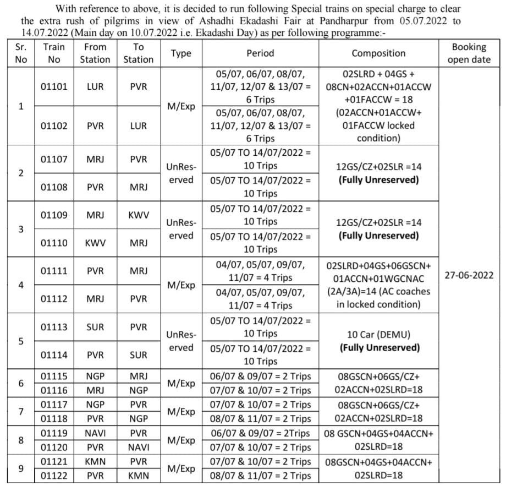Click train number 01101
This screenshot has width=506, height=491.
(54, 87)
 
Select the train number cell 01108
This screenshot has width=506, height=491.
(54, 187)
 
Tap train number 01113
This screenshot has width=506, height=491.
(54, 327)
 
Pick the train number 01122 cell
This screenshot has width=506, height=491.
(54, 476)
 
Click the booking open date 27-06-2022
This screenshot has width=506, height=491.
(469, 274)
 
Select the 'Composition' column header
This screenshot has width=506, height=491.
(378, 53)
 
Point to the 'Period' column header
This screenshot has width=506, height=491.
(260, 53)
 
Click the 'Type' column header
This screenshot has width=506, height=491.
(181, 53)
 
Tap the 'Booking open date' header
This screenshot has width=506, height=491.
(469, 53)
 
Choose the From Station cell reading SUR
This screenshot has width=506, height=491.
(95, 327)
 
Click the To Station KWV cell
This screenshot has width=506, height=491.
(139, 215)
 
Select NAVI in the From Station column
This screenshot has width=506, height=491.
(95, 433)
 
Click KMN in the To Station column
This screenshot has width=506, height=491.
(139, 476)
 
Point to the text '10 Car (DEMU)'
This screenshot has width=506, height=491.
(378, 334)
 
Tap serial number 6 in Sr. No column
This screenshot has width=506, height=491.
(21, 383)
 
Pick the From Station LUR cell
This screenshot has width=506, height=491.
(95, 87)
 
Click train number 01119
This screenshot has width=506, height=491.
(54, 433)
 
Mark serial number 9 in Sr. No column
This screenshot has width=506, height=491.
(21, 468)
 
